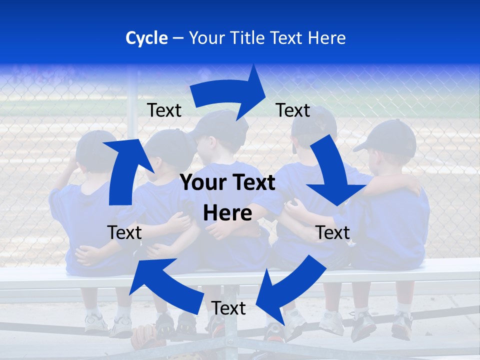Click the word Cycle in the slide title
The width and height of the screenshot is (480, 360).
pos(146,38)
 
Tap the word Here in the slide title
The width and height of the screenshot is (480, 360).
pos(326,38)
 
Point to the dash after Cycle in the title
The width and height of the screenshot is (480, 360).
pos(178,38)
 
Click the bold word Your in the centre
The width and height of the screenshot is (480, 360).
pos(202,183)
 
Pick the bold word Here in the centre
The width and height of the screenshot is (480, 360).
pos(227,213)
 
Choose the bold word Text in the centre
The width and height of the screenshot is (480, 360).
pos(252,183)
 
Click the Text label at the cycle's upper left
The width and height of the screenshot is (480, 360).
pos(164,110)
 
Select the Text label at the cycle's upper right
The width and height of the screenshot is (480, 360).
pos(293,110)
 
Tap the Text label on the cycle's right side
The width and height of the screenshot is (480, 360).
pos(332,232)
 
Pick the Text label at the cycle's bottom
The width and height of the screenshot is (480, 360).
pos(228,308)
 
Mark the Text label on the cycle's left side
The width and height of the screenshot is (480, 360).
pos(124,232)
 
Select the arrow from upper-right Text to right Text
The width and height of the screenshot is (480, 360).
pos(332,172)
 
